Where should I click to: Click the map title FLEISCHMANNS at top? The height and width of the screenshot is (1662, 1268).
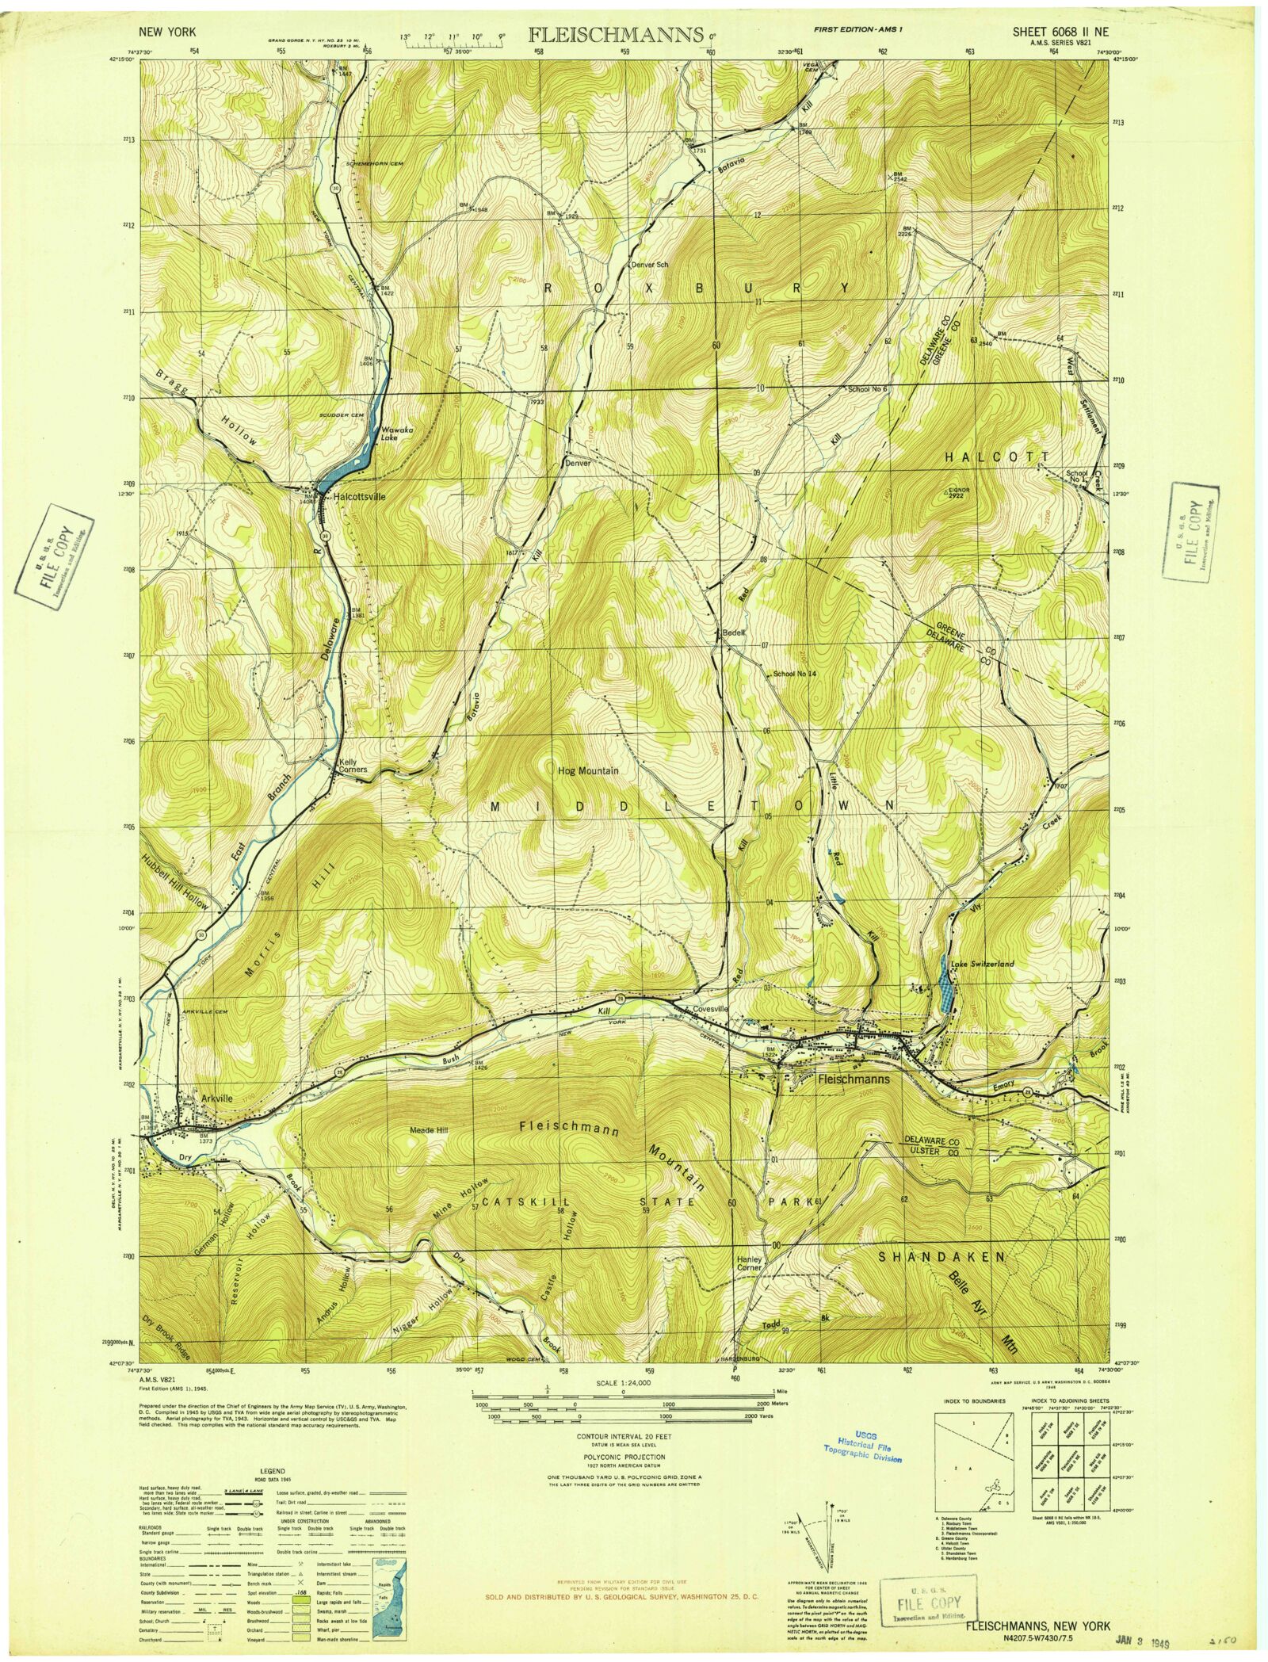613,35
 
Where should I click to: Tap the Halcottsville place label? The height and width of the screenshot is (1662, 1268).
360,497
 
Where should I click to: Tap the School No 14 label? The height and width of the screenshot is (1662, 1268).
795,674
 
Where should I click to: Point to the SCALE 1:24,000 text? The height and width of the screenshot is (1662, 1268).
624,1383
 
